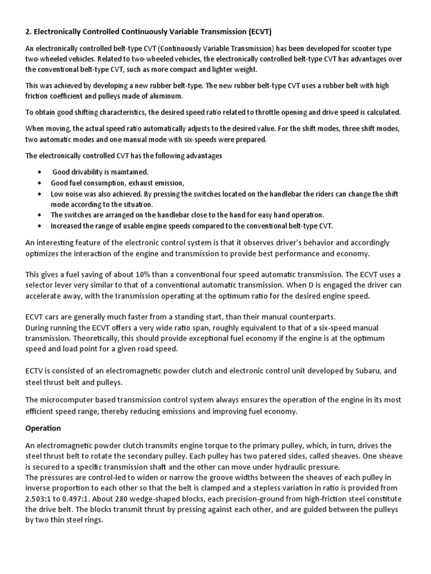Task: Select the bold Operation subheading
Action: tap(43, 428)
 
